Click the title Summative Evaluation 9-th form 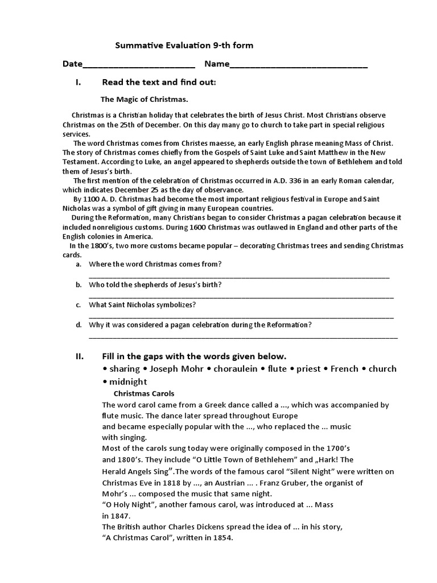tap(185, 45)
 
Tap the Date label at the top tap(72, 64)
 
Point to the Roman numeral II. tap(80, 356)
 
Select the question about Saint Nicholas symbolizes tap(142, 305)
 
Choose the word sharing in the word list tap(125, 369)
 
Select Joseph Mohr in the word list tap(176, 369)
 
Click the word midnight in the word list tap(128, 382)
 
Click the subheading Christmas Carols tap(144, 393)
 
